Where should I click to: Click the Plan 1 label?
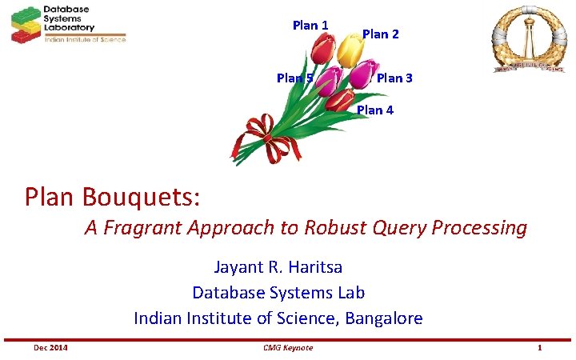click(310, 25)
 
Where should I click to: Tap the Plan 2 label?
click(380, 34)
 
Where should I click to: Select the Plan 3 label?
click(394, 78)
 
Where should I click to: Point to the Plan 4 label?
click(374, 110)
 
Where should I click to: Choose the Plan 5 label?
click(294, 78)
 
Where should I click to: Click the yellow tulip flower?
click(350, 50)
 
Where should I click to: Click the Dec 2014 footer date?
click(50, 347)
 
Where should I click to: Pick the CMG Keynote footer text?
click(287, 347)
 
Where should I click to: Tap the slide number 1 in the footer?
click(540, 347)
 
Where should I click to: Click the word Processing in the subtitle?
click(479, 228)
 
